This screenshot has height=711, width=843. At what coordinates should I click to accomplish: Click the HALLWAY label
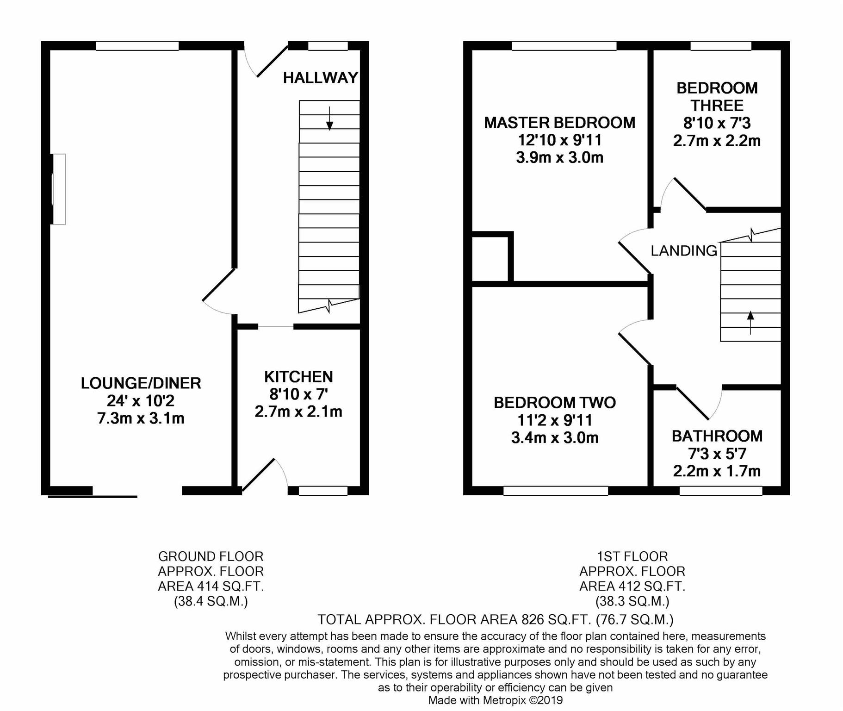coord(320,78)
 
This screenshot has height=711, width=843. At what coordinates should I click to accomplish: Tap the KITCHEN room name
coord(298,377)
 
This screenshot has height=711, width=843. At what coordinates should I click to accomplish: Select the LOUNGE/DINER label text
coord(141,383)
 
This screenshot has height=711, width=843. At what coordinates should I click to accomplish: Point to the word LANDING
coord(684,251)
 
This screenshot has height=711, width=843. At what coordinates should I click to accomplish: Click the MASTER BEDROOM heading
coord(560,123)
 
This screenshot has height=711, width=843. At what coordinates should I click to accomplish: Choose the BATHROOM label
coord(717,436)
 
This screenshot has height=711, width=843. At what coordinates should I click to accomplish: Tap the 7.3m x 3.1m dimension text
coord(141,418)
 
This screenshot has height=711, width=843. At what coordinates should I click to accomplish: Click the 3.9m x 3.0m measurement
coord(560,158)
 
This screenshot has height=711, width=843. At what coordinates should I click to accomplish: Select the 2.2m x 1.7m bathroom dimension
coord(717,471)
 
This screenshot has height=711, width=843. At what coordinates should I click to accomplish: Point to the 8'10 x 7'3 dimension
coord(717,123)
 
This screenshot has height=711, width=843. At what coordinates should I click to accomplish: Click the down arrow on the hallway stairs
coord(329,118)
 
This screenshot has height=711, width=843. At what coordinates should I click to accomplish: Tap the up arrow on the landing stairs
coord(750,323)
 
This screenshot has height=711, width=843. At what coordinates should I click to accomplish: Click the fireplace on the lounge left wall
coord(58,189)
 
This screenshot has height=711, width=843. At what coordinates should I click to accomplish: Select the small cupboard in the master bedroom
coord(490,257)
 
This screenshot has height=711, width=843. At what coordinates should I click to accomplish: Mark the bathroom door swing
coord(699,403)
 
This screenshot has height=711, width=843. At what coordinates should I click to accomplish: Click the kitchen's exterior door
coord(264,475)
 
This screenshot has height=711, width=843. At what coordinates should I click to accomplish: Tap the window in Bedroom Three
coord(721,46)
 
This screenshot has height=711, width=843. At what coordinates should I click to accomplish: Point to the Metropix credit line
coord(496,700)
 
